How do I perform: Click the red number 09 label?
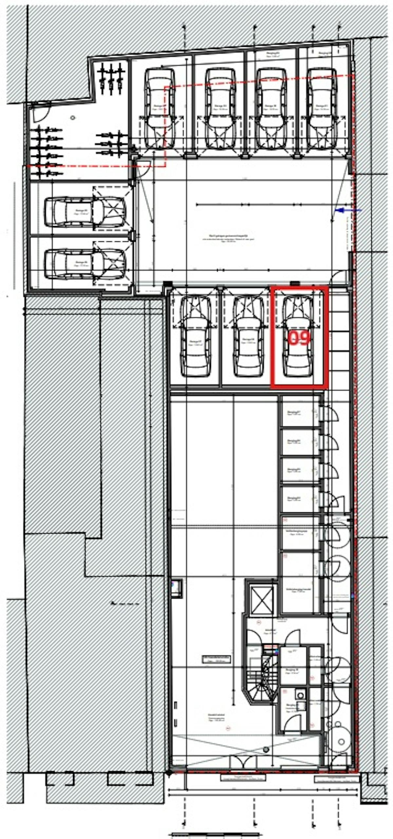point(299,338)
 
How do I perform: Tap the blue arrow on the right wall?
point(343,210)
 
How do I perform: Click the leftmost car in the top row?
point(159,108)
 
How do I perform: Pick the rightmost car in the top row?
point(322,108)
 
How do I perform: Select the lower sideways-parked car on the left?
point(85,264)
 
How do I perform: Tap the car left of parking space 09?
point(248,336)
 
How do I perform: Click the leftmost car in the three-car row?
point(196,336)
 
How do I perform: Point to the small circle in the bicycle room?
point(73,117)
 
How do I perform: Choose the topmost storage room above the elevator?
point(300,411)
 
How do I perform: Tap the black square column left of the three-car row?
point(168,284)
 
